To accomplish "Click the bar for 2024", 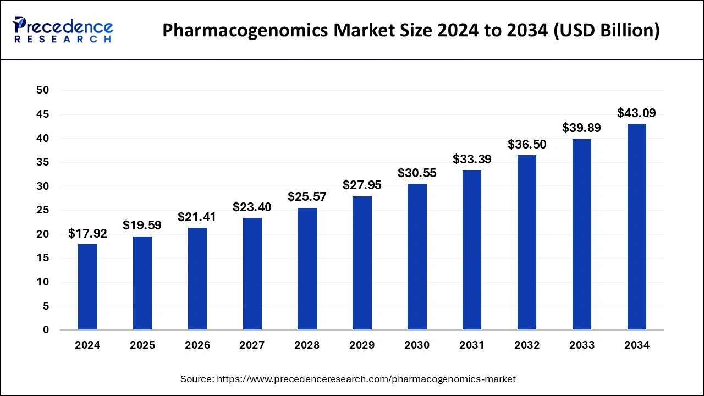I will coord(87,287).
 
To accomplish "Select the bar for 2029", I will coord(362,263).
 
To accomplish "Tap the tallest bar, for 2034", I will coord(637,227).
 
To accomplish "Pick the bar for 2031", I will coord(472,250).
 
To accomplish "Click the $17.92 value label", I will coord(87,234).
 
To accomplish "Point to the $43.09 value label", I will coord(637,113).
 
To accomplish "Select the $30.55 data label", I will coord(417,173).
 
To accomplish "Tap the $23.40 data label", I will coord(252,207).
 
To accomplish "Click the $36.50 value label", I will coord(527,145).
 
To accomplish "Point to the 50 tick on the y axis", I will coord(43,90).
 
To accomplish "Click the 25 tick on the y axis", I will coord(43,210).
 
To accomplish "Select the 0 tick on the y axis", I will coord(46,330).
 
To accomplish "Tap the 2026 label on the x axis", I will coord(197,345).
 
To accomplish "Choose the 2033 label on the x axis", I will coord(582,345).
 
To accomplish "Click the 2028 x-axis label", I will coord(307,345).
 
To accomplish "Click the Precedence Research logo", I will coord(63,30).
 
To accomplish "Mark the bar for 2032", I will coord(527,243).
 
